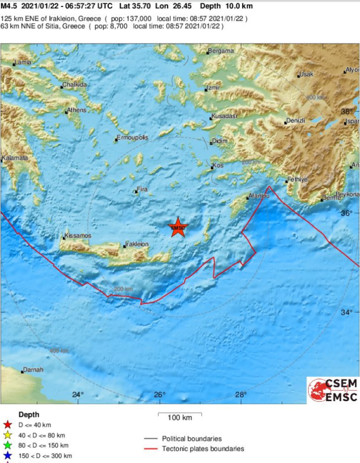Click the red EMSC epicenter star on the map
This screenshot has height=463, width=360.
coord(178,228)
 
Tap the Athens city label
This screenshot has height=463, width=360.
coord(77,110)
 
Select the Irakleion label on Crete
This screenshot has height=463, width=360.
coord(137,244)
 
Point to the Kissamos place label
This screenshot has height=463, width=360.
coord(78,236)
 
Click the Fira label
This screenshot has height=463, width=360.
coord(142,190)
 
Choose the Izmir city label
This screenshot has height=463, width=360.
coord(214,88)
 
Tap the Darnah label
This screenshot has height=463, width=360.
coord(33,370)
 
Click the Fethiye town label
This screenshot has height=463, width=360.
coord(297,179)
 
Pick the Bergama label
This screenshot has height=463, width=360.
coord(221,51)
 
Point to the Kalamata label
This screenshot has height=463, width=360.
coord(15,158)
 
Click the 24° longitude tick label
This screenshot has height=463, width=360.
coord(78,395)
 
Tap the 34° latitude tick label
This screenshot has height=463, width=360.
coord(346,312)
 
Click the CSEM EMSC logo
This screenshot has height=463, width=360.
coord(333,390)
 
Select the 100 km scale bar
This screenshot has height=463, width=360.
coord(180,414)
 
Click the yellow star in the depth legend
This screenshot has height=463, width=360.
coord(7,435)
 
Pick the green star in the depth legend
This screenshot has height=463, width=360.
coord(7,445)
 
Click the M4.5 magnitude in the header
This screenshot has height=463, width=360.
coord(8,6)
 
